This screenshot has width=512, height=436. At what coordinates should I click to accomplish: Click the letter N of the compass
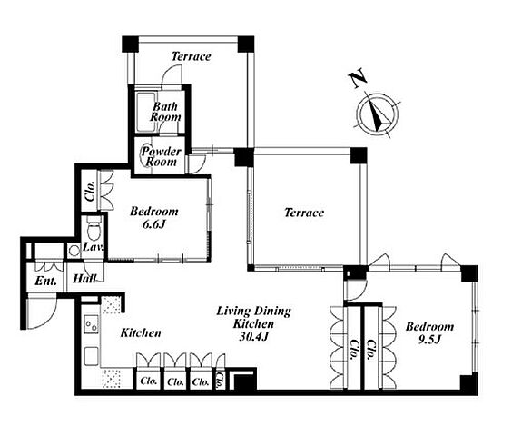point(358,78)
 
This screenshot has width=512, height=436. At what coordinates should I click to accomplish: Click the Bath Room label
point(165,112)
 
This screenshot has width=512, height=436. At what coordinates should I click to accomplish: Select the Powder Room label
point(161,156)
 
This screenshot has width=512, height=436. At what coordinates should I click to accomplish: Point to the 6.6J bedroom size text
point(153,224)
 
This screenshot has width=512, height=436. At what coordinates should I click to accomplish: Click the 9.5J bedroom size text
point(429,340)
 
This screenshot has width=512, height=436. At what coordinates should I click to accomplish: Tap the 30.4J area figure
point(253,337)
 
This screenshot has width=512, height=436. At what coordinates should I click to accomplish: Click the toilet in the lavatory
point(94,228)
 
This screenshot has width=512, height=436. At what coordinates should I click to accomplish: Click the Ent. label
point(45,281)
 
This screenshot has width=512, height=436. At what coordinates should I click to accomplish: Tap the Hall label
point(84,279)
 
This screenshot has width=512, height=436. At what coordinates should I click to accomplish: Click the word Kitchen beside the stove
point(141,333)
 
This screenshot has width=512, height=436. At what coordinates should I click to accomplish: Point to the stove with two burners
point(91,324)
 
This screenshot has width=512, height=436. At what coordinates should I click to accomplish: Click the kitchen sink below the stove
point(92,356)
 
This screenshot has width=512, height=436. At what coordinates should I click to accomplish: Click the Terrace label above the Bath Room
point(192,56)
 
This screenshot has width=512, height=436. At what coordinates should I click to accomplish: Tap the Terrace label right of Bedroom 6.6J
point(304,213)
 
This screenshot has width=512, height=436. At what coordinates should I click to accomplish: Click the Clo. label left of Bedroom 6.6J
point(89,191)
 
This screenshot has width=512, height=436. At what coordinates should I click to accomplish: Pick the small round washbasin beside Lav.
point(74,251)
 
